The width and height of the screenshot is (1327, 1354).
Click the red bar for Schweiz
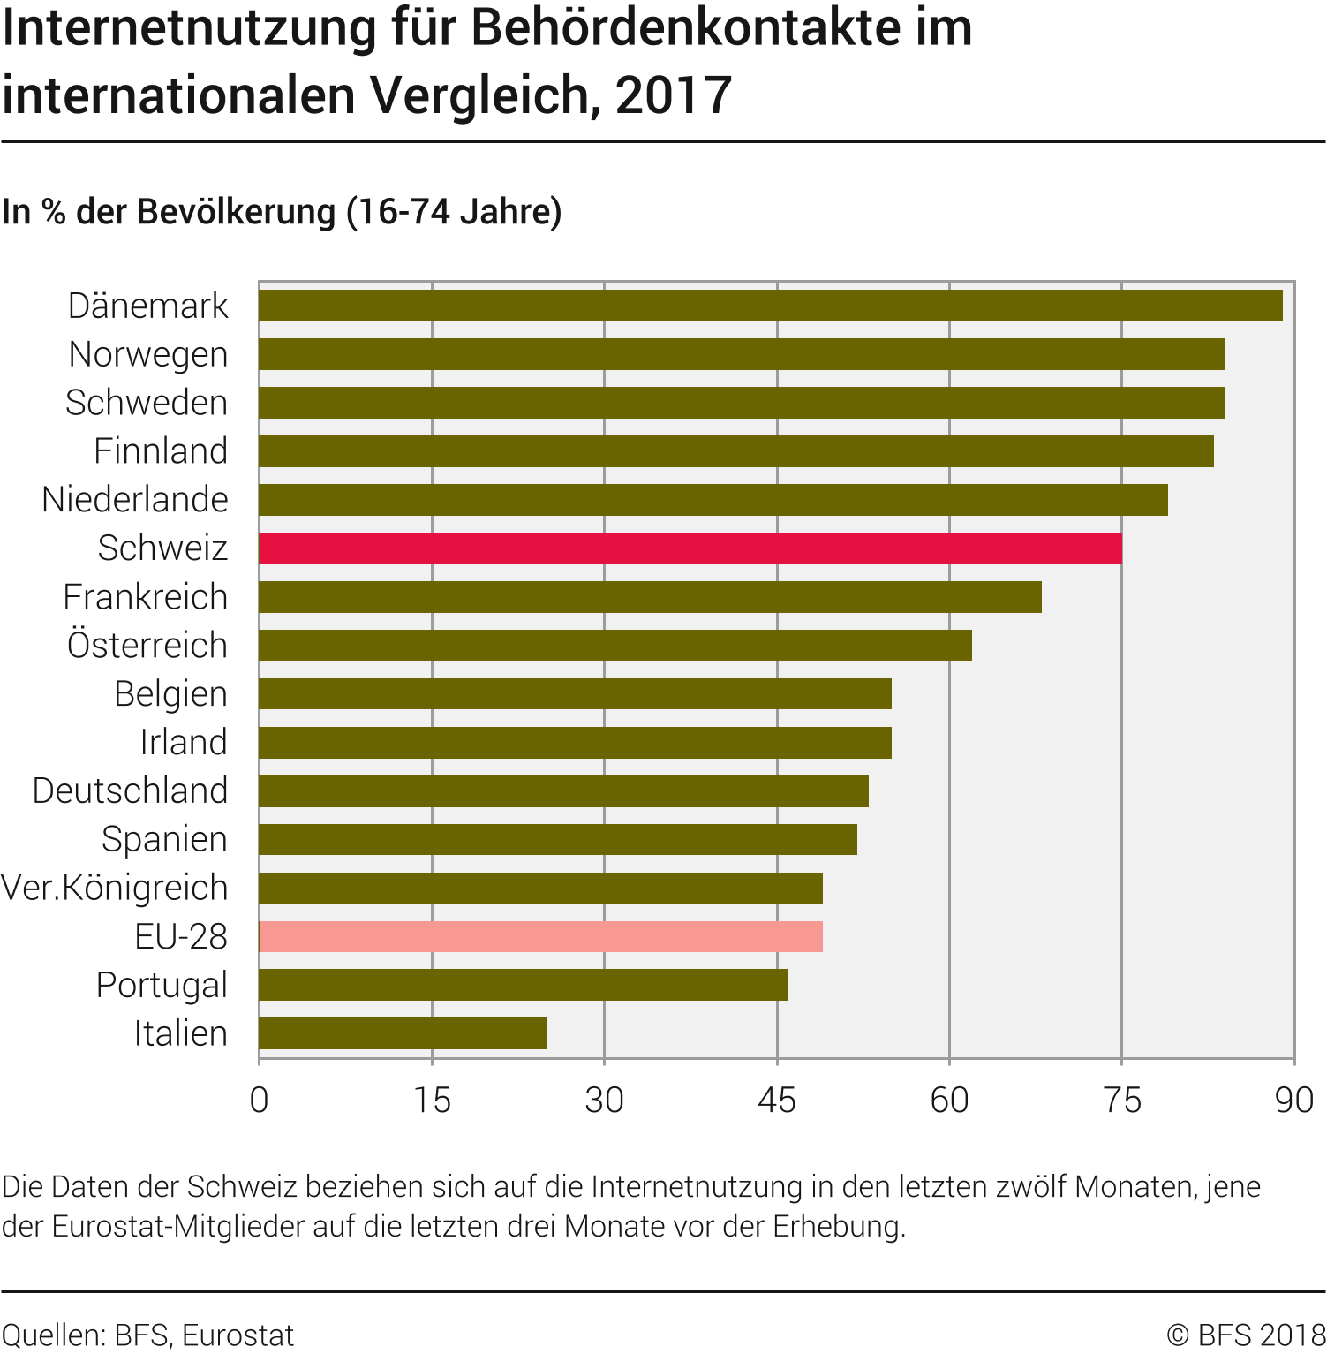click(690, 548)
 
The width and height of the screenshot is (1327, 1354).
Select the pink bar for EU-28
click(540, 936)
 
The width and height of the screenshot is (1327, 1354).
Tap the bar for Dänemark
click(770, 306)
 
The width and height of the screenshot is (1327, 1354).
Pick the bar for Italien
click(403, 1033)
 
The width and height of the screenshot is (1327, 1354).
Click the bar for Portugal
click(524, 985)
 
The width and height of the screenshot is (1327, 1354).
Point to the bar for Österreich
click(615, 646)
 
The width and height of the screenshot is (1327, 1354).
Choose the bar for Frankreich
click(650, 597)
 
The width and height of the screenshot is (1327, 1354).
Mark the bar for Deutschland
click(563, 790)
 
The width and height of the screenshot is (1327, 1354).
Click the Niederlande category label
click(135, 500)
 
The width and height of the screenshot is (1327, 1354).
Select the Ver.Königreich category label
click(115, 888)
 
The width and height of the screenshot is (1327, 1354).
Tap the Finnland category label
click(161, 451)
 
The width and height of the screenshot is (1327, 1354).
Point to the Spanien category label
click(164, 839)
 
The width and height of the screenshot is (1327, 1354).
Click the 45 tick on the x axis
click(777, 1101)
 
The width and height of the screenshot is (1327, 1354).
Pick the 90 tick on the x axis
click(1294, 1101)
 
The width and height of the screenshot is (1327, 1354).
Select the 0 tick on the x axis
click(259, 1101)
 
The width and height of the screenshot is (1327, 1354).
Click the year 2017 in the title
click(674, 95)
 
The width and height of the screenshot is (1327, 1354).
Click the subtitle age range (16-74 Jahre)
click(454, 212)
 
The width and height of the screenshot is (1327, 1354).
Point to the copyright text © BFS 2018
click(1246, 1335)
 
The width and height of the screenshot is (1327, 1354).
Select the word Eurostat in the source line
click(238, 1335)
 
